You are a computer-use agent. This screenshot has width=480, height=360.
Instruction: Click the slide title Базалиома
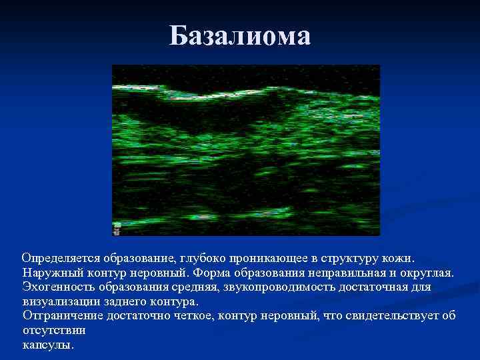coord(240,36)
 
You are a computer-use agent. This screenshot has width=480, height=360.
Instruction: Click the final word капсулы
coord(48,345)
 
